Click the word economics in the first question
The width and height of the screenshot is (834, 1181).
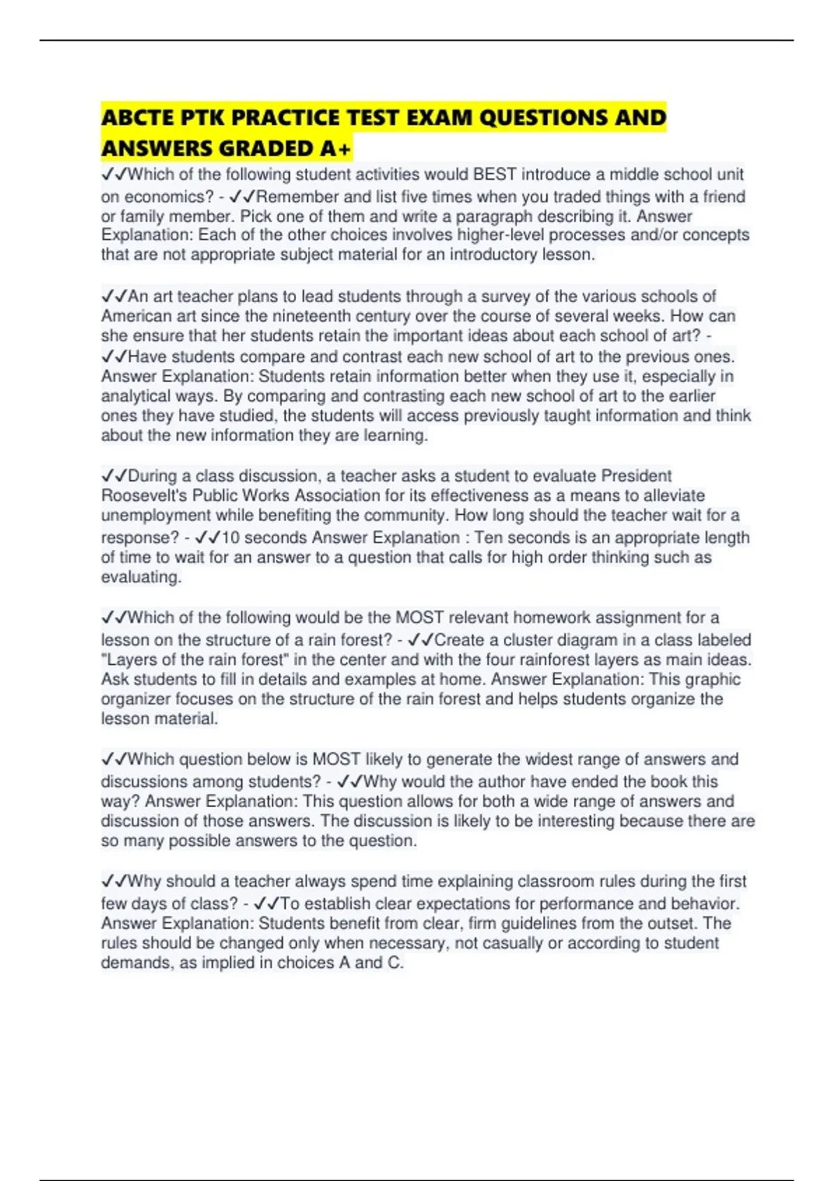pyautogui.click(x=157, y=197)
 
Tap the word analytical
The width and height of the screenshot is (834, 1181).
pyautogui.click(x=136, y=396)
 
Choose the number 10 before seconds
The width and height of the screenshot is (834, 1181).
pyautogui.click(x=230, y=538)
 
